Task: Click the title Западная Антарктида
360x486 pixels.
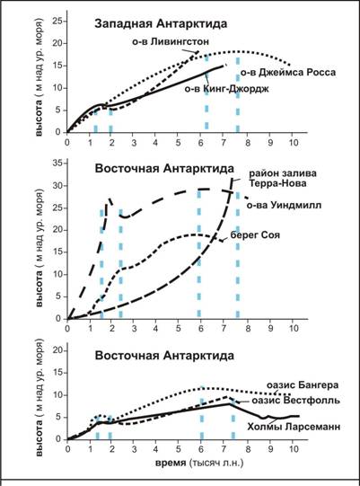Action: [161, 24]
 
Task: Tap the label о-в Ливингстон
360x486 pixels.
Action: [171, 41]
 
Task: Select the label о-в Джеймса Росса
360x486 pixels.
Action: [288, 73]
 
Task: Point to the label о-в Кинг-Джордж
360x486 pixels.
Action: [227, 89]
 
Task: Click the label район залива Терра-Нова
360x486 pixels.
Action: [283, 178]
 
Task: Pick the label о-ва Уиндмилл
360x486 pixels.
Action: [284, 205]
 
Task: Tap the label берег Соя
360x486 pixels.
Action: [255, 234]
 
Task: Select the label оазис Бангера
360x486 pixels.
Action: [303, 385]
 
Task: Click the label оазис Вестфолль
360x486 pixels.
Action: [295, 400]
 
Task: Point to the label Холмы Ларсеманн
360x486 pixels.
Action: [294, 427]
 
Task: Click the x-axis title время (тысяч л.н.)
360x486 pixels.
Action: [199, 463]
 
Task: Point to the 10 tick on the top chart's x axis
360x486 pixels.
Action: [294, 143]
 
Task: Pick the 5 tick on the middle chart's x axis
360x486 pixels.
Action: [178, 328]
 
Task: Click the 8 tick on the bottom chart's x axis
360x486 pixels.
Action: [248, 449]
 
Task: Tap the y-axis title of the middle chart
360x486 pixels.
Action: [40, 248]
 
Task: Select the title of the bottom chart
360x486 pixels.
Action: [164, 355]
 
